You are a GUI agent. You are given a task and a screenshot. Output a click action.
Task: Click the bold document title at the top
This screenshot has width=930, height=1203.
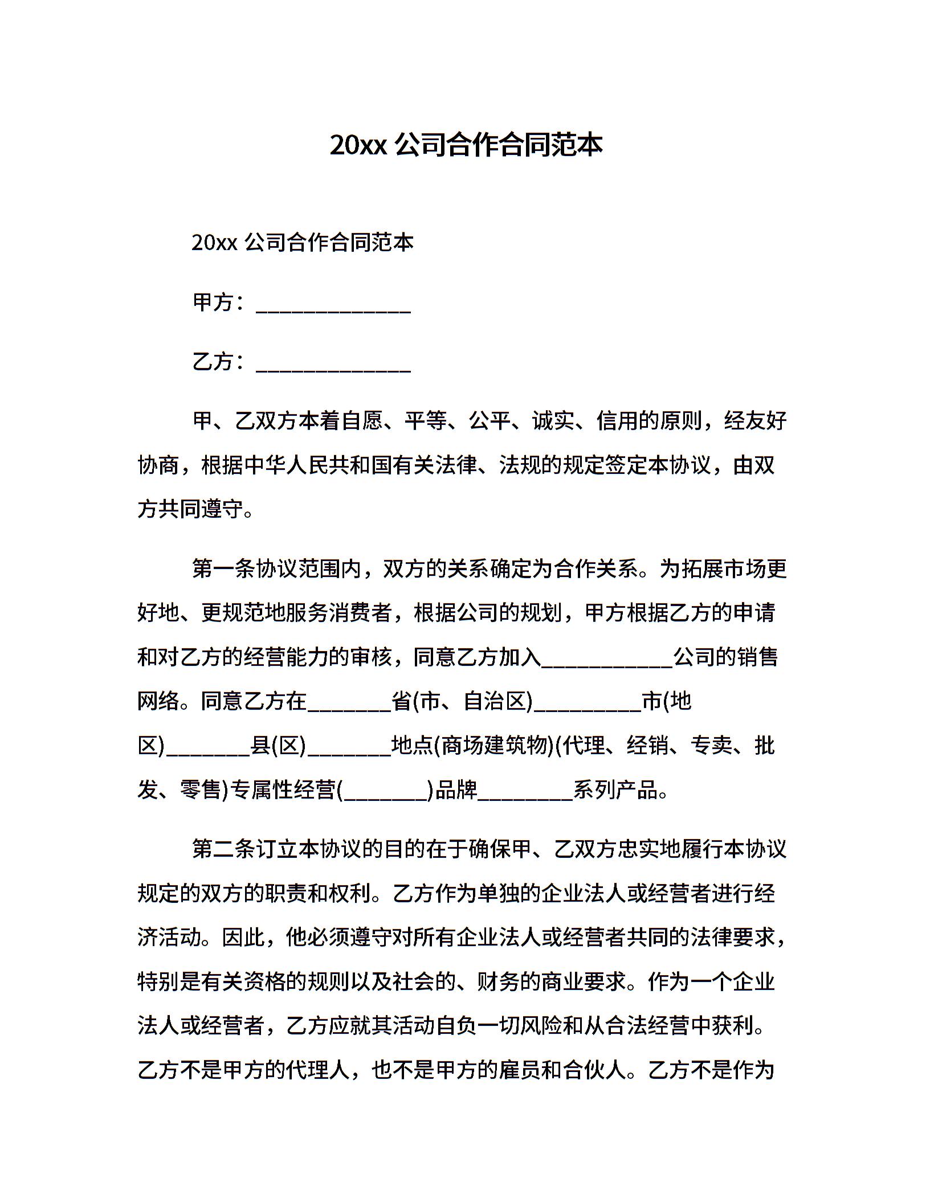tap(466, 145)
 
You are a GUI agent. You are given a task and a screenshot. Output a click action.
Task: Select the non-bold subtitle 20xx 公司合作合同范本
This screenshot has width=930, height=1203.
tap(302, 243)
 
